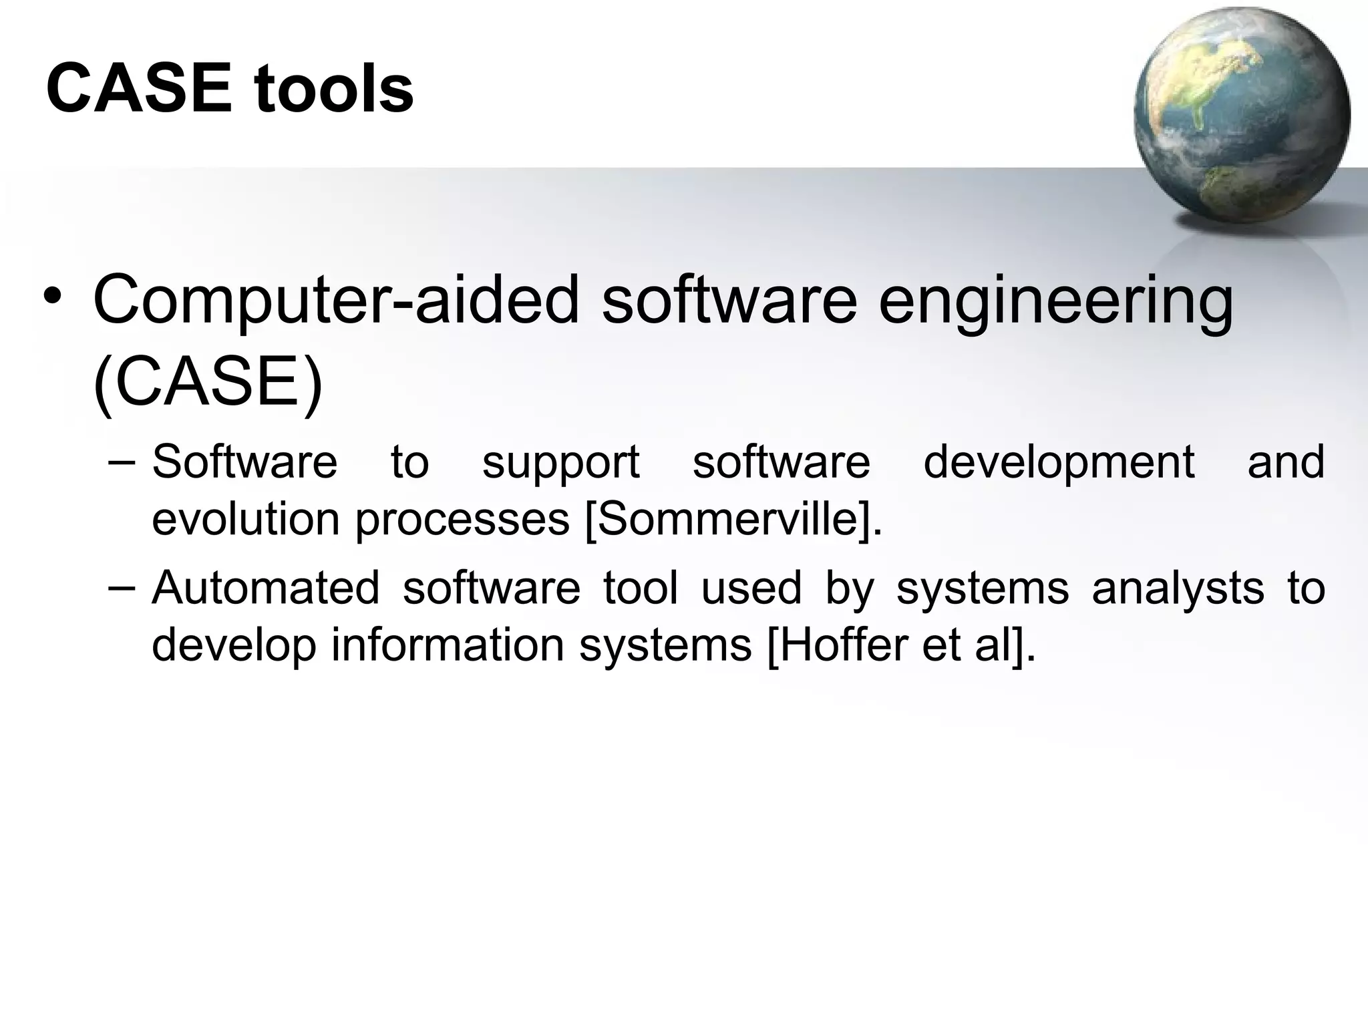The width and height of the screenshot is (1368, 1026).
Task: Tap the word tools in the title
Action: pos(333,89)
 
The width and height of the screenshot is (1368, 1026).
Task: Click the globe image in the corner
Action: pos(1241,115)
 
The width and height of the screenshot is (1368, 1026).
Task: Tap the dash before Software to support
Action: pos(121,461)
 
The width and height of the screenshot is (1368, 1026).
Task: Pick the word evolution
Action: pos(245,519)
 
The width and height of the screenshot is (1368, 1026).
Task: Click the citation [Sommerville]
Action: pos(733,520)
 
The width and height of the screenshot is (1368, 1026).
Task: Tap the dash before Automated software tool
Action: pos(121,587)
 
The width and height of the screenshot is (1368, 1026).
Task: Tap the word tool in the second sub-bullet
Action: pos(640,588)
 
